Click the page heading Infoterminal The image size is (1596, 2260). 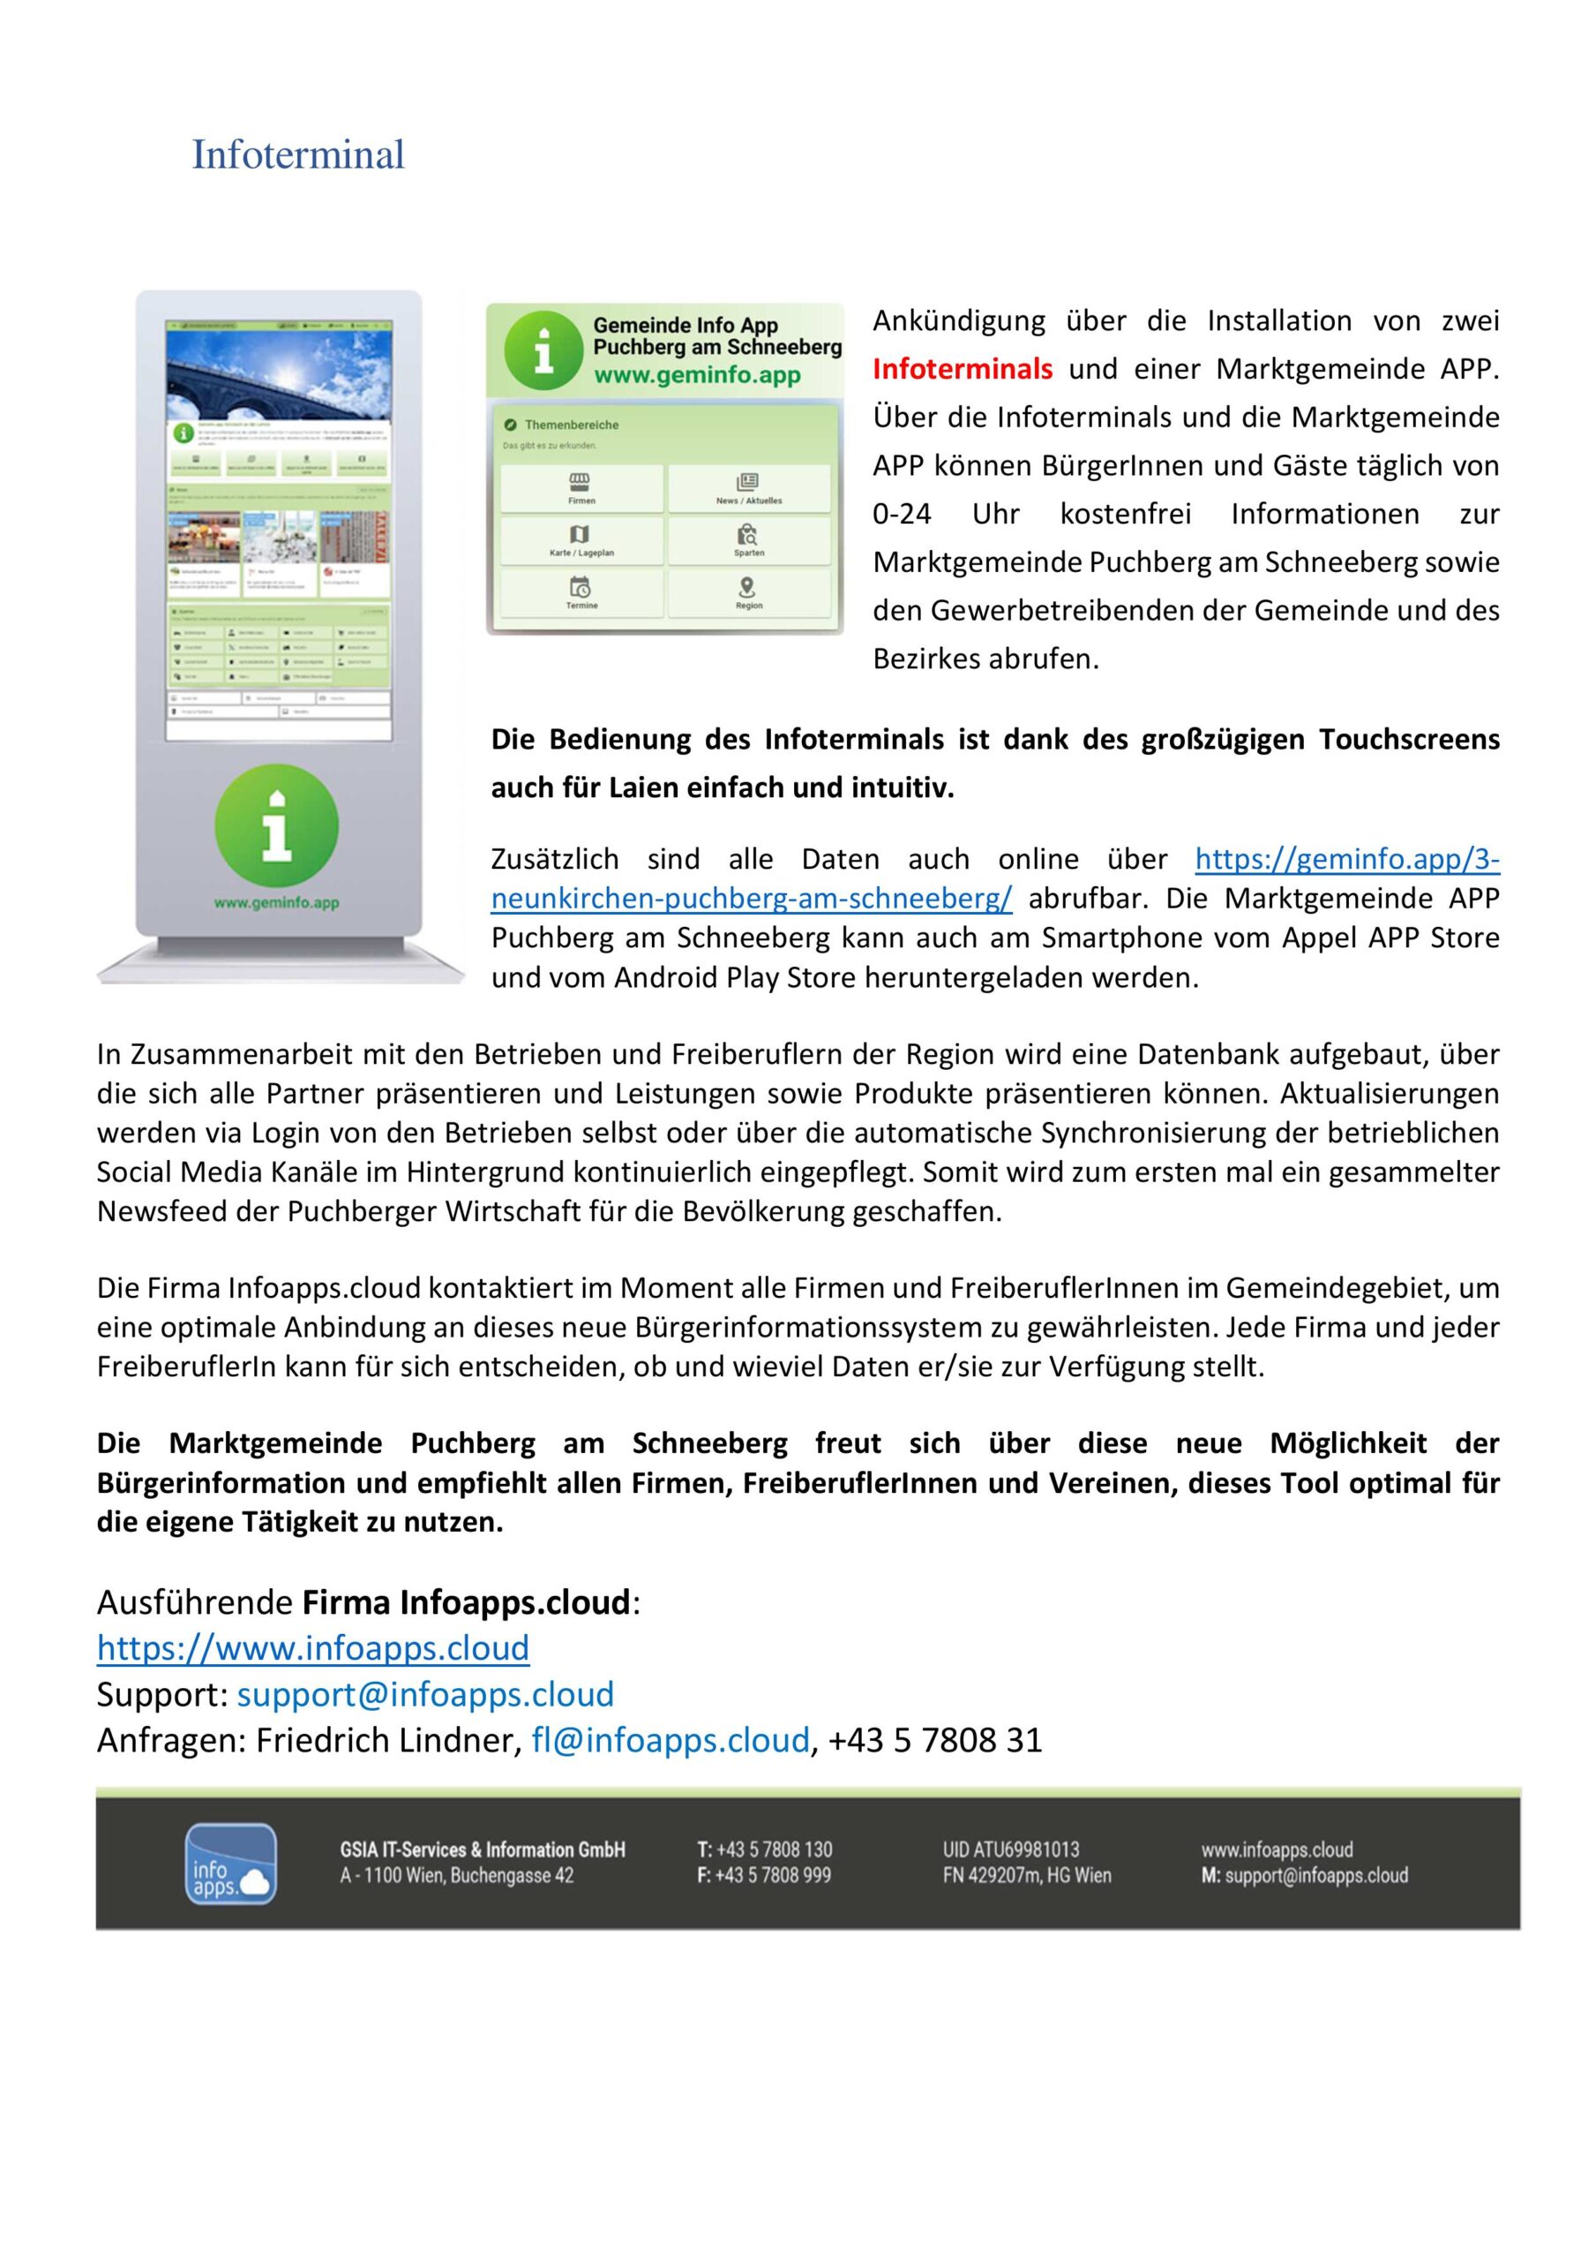click(x=297, y=154)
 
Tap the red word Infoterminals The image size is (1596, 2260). click(x=962, y=369)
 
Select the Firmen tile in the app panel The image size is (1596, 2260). click(x=581, y=488)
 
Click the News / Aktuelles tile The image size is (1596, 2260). click(x=748, y=488)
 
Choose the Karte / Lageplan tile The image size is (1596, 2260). click(x=581, y=540)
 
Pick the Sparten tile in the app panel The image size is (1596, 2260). click(x=748, y=540)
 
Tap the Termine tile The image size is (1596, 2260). click(x=581, y=592)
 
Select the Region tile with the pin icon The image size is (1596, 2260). click(x=748, y=592)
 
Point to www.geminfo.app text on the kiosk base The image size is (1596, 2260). click(x=276, y=902)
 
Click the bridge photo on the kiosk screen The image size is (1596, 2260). click(x=279, y=374)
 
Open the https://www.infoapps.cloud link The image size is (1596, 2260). click(x=313, y=1646)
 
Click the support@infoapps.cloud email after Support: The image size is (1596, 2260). click(x=425, y=1694)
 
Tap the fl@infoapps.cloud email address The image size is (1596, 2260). click(x=671, y=1740)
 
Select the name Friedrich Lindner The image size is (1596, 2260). click(x=386, y=1740)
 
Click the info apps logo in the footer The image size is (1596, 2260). click(x=230, y=1864)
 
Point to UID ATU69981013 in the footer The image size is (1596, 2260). click(x=1010, y=1849)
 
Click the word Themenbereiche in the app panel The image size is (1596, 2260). click(x=571, y=426)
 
